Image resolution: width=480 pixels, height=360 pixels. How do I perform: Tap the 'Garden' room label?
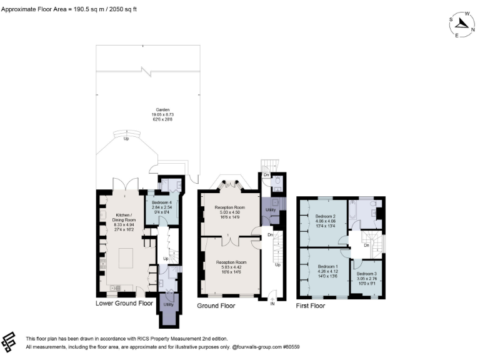tap(145, 109)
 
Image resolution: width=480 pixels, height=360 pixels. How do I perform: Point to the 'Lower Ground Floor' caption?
tap(124, 304)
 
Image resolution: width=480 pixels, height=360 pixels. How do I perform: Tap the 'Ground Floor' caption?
tap(216, 306)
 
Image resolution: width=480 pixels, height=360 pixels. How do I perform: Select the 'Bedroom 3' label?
tap(367, 274)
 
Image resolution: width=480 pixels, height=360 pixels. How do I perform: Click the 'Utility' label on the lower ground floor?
tap(168, 304)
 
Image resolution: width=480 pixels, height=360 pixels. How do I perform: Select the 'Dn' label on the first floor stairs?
tap(366, 245)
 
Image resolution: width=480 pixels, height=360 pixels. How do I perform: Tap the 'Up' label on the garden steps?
tap(127, 139)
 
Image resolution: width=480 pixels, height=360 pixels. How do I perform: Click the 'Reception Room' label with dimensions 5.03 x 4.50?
tap(230, 207)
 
